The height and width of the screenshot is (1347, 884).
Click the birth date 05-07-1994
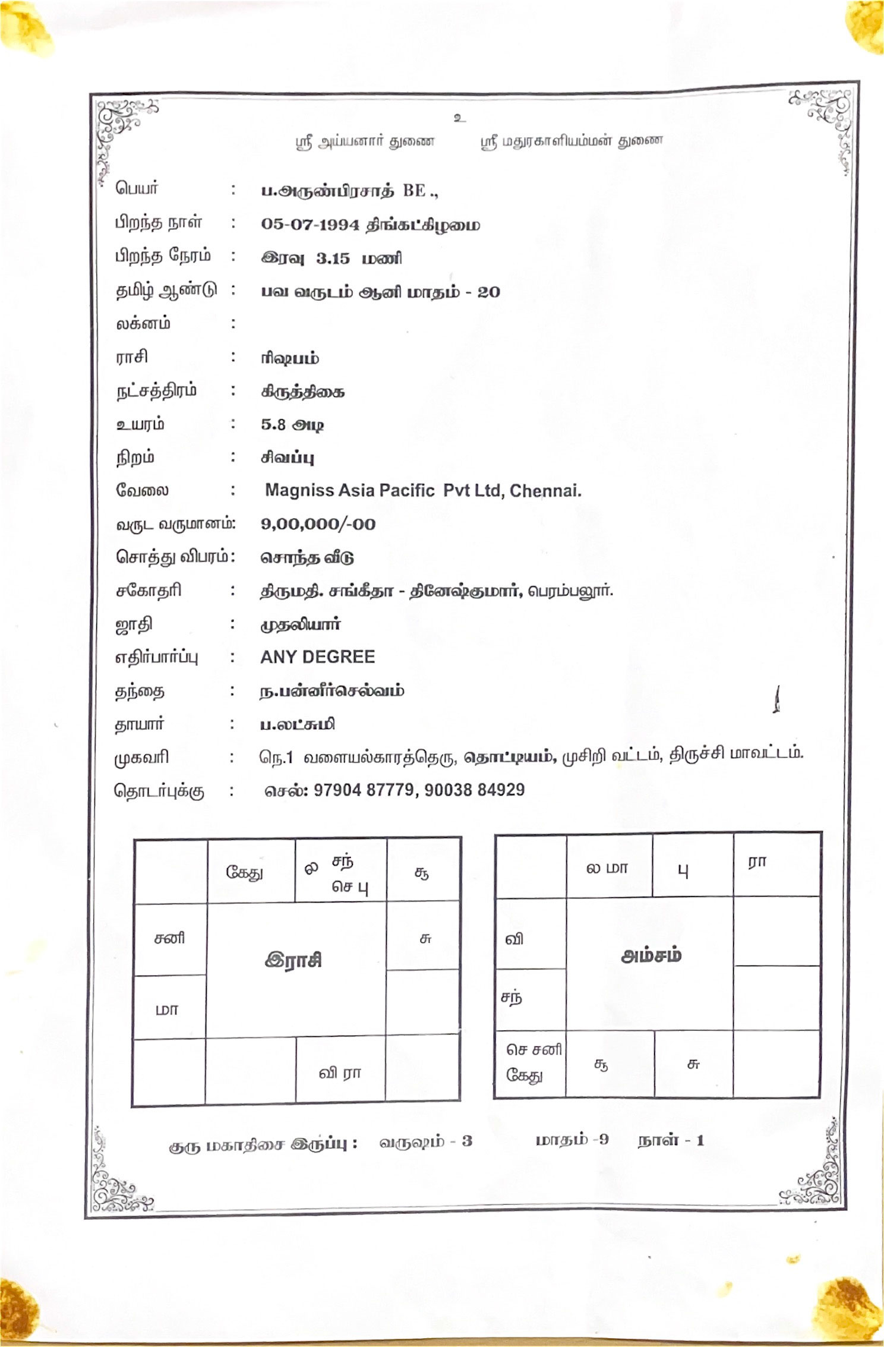coord(310,225)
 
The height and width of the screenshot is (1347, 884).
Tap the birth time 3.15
coord(333,258)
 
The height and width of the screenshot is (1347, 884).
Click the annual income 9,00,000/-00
coord(318,524)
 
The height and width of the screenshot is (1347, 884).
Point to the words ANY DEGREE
coord(317,657)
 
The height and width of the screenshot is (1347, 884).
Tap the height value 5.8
coord(273,424)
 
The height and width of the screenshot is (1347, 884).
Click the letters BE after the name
coord(415,191)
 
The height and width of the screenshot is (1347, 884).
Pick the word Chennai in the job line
coord(545,491)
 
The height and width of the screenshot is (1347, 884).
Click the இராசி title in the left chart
coord(293,960)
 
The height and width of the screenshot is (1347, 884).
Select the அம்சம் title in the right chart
coord(651,955)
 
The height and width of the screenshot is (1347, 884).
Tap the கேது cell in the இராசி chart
coord(244,872)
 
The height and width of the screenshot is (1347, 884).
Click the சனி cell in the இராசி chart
coord(169,938)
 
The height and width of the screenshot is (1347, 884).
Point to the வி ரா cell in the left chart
coord(340,1072)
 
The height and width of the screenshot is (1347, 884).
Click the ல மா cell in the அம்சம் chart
coord(607,868)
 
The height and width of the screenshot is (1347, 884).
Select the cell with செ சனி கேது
coord(532,1063)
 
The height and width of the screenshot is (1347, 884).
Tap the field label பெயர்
coord(137,188)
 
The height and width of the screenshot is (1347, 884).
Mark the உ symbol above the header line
coord(459,118)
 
